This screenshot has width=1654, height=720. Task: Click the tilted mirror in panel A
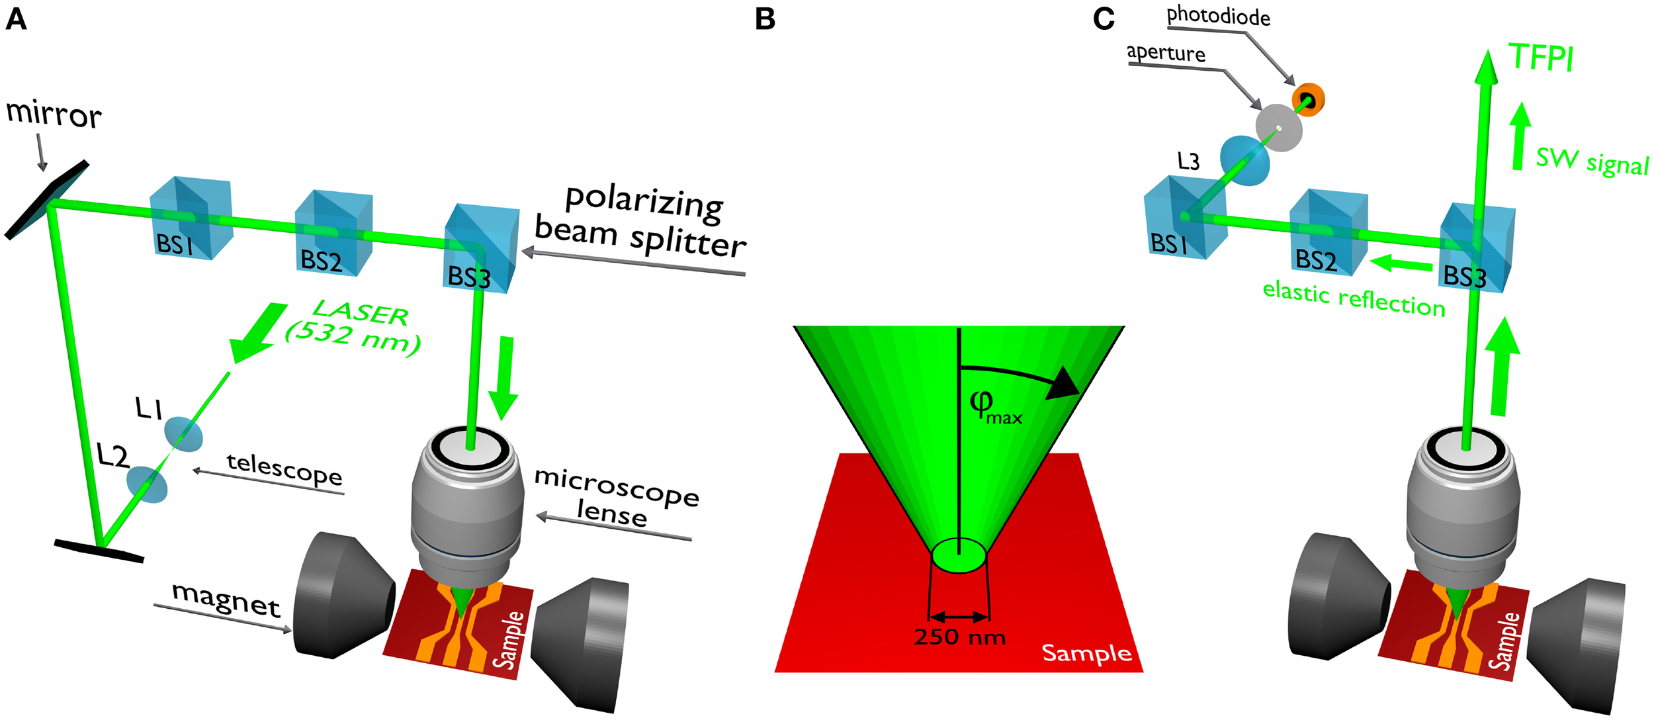click(x=46, y=199)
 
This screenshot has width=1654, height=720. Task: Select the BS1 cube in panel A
click(x=191, y=218)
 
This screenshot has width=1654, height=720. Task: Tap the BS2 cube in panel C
click(x=1328, y=232)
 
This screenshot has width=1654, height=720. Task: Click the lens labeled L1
click(x=183, y=434)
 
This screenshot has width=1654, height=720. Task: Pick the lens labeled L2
click(x=147, y=484)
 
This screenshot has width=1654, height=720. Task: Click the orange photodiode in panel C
click(x=1308, y=100)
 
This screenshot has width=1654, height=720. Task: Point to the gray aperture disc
click(x=1280, y=128)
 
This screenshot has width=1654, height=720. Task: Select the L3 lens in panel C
click(x=1244, y=160)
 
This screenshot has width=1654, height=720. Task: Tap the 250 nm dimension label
click(x=959, y=637)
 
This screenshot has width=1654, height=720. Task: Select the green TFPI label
click(x=1540, y=58)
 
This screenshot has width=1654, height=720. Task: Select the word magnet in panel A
click(x=226, y=600)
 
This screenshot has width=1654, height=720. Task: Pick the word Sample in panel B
click(x=1086, y=654)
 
